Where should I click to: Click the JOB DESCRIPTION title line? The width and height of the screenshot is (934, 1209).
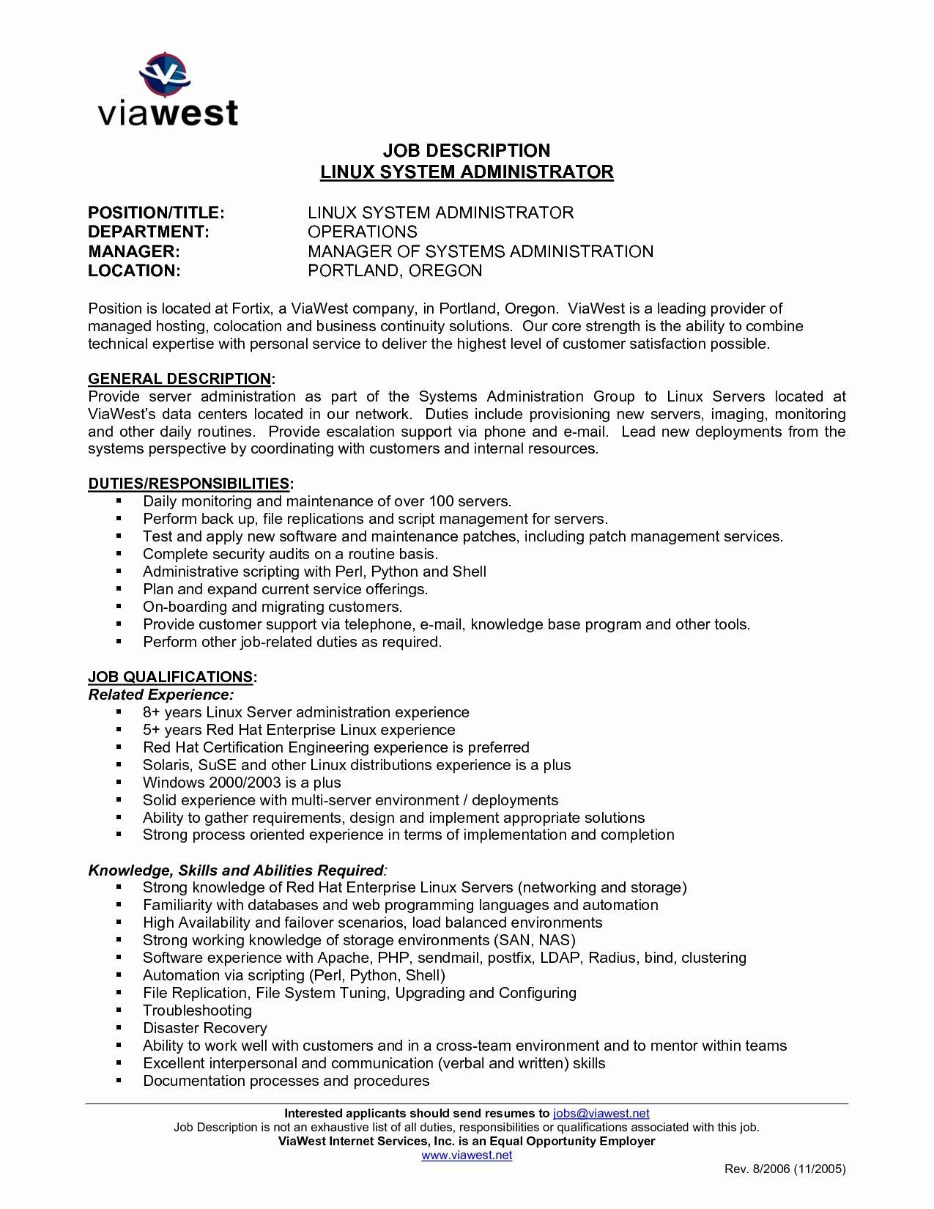467,151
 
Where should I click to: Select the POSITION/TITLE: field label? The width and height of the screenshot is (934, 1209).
156,213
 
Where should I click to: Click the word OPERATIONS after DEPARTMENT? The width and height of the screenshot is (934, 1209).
362,232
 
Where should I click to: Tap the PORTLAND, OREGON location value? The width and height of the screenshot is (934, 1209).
395,271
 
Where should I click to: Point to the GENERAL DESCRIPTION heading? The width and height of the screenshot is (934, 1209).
179,379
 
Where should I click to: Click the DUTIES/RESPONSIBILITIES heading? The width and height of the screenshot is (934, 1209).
189,484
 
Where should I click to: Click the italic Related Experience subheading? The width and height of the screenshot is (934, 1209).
161,695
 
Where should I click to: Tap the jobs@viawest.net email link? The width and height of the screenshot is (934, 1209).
601,1113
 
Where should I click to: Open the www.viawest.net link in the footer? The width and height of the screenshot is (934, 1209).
467,1156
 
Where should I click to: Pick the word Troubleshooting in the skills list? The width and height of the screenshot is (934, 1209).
197,1011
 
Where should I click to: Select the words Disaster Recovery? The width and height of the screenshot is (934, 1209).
204,1029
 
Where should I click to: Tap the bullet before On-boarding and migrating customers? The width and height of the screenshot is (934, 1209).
118,607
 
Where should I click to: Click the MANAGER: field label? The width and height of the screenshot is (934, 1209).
134,252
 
